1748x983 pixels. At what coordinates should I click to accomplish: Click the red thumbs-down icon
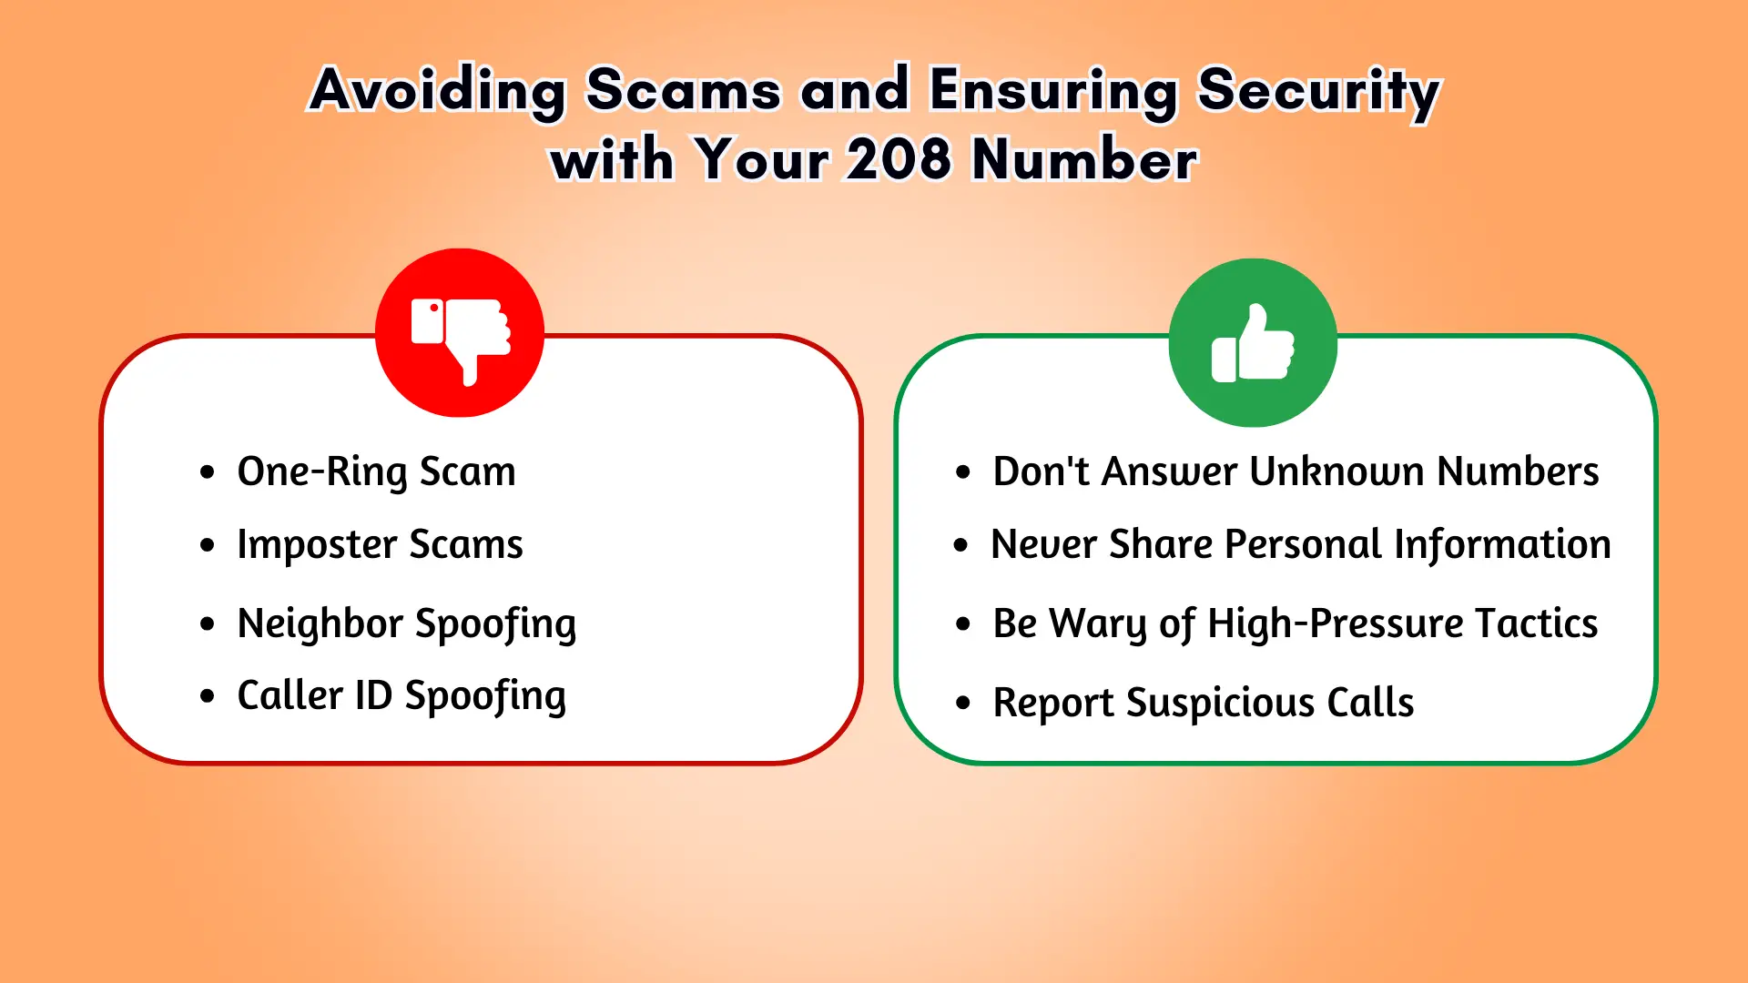click(x=460, y=333)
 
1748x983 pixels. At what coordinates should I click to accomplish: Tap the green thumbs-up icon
click(x=1253, y=342)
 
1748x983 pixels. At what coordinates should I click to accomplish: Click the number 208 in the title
click(x=899, y=160)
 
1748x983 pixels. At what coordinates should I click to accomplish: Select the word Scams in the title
click(x=683, y=90)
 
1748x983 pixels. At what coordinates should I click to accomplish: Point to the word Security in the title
click(x=1318, y=94)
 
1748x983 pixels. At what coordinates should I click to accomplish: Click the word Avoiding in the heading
click(x=438, y=92)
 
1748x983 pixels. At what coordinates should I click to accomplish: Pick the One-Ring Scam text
click(x=376, y=472)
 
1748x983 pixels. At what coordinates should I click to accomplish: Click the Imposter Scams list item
click(x=380, y=545)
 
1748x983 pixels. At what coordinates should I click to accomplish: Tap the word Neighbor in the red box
click(x=320, y=623)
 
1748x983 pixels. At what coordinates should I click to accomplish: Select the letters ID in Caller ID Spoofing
click(x=373, y=695)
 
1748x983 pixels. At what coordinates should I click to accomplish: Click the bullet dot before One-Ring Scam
click(x=208, y=472)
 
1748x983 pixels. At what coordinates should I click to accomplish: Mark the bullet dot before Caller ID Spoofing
click(x=208, y=696)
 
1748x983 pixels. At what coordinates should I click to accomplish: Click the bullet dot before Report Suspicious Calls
click(x=963, y=703)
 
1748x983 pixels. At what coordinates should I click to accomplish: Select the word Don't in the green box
click(x=1042, y=471)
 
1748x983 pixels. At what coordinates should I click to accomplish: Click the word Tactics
click(x=1536, y=623)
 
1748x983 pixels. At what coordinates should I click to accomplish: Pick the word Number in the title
click(x=1084, y=160)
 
